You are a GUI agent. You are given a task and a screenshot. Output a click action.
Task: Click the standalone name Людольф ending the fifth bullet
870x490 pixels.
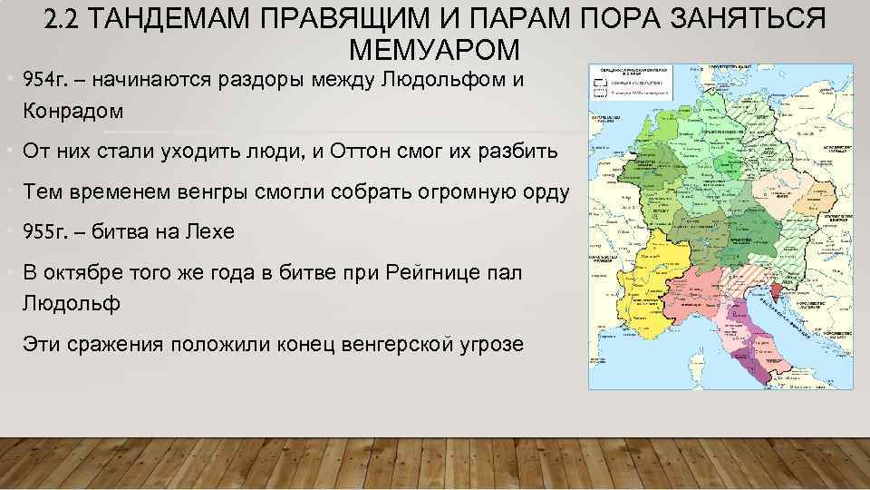coord(72,303)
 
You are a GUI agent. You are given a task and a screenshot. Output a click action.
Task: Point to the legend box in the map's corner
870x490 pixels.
coord(629,81)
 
